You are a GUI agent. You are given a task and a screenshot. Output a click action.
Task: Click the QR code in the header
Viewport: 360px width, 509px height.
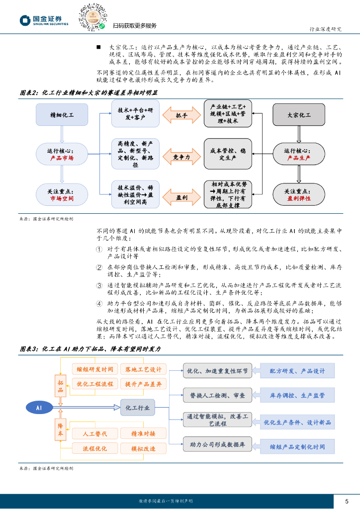point(93,17)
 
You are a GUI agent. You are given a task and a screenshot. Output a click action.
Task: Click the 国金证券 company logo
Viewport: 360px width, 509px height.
point(44,20)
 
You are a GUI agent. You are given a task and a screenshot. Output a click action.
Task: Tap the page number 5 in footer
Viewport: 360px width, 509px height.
point(347,501)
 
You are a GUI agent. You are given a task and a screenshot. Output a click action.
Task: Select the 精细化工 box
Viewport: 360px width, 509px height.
point(62,115)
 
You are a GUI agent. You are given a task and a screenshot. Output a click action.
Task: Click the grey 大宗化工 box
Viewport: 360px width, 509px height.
point(299,115)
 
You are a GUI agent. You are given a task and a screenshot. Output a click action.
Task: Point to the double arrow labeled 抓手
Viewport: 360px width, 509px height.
point(181,115)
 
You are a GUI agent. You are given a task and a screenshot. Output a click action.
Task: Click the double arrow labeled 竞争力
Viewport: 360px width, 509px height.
point(181,157)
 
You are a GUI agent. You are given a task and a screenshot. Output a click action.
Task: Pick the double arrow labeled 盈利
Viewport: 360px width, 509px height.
point(181,197)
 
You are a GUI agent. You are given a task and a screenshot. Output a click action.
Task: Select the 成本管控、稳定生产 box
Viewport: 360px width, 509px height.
point(228,154)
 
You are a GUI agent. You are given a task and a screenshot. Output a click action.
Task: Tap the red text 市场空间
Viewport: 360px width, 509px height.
point(62,198)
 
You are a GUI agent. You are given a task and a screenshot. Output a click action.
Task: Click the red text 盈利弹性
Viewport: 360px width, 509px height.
point(299,198)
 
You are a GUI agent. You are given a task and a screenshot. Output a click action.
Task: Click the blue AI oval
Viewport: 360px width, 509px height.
point(39,408)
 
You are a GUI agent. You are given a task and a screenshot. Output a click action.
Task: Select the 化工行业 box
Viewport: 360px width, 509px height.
point(138,408)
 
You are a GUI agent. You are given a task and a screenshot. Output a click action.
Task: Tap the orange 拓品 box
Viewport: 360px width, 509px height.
point(60,386)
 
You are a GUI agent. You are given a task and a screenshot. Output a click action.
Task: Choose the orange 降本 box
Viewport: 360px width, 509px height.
point(60,429)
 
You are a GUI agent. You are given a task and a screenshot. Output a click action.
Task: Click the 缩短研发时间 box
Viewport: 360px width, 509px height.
point(95,369)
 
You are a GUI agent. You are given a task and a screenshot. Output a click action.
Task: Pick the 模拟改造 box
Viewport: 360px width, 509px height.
point(143,449)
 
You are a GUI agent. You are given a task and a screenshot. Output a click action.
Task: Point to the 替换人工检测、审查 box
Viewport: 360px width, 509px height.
point(217,395)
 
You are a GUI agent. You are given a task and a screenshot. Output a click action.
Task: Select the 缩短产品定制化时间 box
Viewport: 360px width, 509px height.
point(297,447)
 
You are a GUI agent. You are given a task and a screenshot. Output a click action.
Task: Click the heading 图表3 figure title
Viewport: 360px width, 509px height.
point(90,349)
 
